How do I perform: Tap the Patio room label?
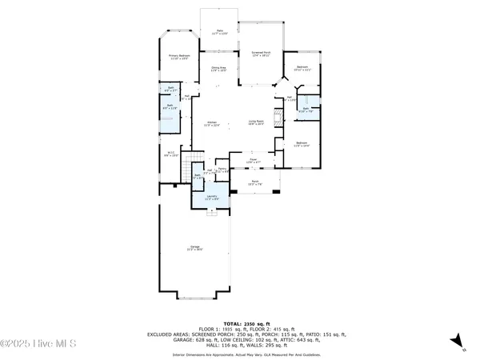pyautogui.click(x=219, y=34)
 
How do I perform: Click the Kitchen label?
pyautogui.click(x=212, y=123)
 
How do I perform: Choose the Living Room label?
pyautogui.click(x=256, y=122)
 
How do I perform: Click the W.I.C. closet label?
pyautogui.click(x=170, y=154)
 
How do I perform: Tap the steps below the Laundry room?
pyautogui.click(x=212, y=212)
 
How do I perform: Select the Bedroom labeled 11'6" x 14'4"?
pyautogui.click(x=301, y=145)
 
